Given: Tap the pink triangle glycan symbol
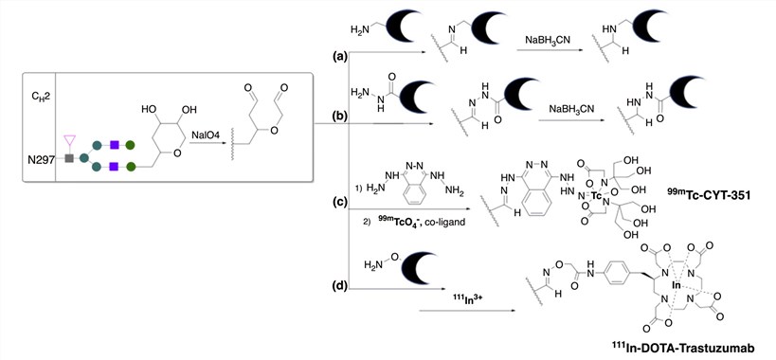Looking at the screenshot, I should coord(67,139).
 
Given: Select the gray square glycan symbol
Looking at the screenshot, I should coord(68,158).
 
